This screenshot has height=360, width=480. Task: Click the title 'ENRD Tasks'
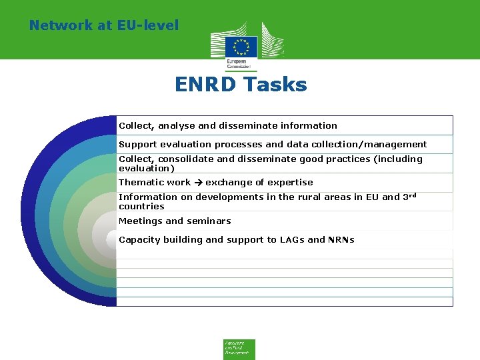pos(241,85)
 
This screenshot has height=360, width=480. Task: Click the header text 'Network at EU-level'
pos(104,25)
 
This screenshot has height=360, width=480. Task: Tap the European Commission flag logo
pos(241,47)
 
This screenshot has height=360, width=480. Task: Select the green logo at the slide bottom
pos(239,349)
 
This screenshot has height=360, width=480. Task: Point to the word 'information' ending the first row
pos(309,125)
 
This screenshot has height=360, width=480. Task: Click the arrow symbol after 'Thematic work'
pos(198,182)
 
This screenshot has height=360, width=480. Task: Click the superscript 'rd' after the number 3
pos(413,195)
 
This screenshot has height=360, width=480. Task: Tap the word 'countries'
pos(141,207)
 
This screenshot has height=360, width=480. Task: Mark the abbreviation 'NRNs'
pos(341,239)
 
